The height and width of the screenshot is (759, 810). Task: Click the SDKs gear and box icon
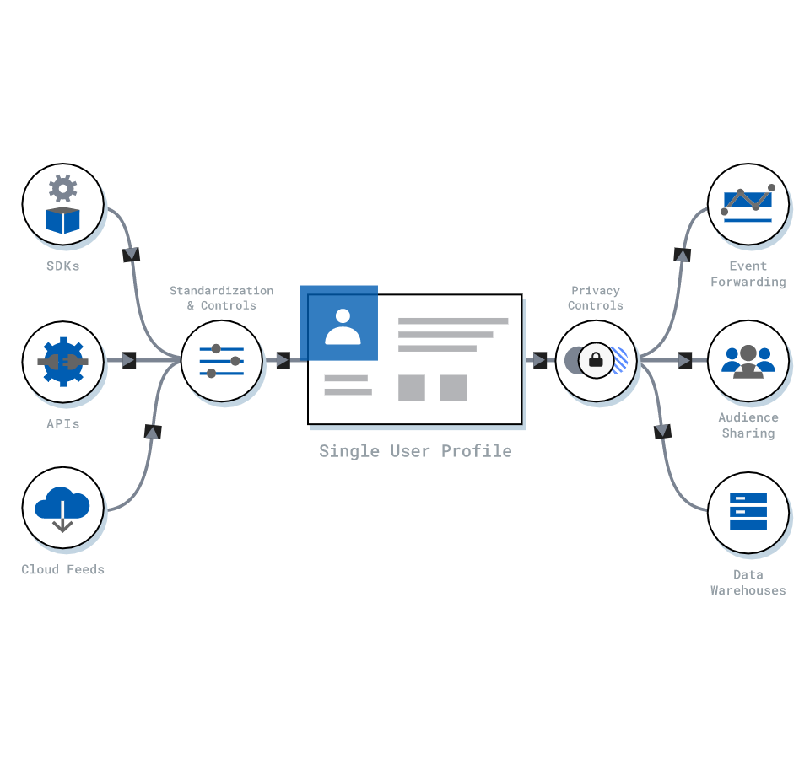point(63,205)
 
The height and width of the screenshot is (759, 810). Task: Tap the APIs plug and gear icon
point(63,362)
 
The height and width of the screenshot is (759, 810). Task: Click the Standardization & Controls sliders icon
point(222,361)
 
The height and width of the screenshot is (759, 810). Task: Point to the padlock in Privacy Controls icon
point(597,361)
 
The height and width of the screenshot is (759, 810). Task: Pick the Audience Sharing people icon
point(748,362)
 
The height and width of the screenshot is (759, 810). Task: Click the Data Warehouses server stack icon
point(748,513)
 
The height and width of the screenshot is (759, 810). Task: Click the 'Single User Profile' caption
point(415,451)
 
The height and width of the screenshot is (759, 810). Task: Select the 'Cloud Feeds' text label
point(63,569)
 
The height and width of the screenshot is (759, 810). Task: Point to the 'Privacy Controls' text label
point(596,298)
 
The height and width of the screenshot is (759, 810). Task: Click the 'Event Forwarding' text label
point(748,274)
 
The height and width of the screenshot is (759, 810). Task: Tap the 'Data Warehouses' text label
point(748,583)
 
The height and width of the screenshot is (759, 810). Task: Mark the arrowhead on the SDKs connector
point(131,255)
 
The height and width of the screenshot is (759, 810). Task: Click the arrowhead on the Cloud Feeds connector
point(153,432)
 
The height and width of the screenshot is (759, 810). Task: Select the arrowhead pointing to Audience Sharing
point(685,361)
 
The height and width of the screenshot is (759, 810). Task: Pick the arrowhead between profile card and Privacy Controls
point(540,361)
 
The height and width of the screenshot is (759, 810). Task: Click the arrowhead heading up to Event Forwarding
point(683,255)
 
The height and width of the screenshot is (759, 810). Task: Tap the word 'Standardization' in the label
point(222,291)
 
